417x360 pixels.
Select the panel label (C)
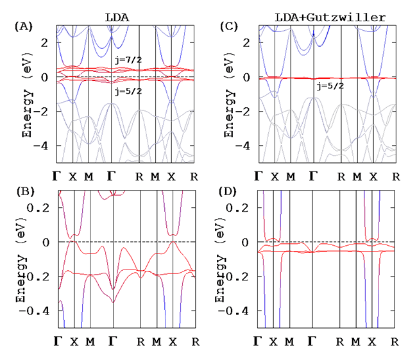(230, 28)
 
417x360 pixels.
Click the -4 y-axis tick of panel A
(46, 146)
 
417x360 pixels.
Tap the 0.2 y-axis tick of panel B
(44, 208)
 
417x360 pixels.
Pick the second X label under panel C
(372, 175)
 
